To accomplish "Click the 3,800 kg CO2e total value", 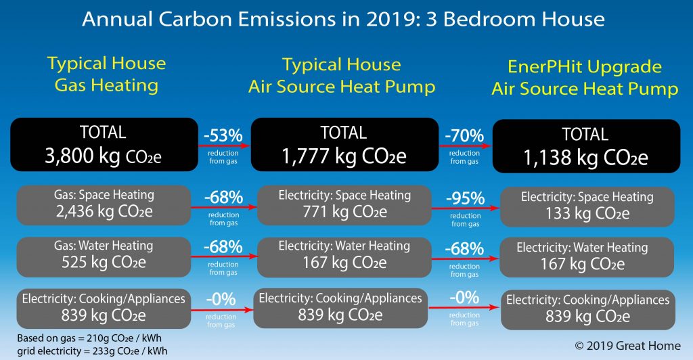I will click(x=104, y=157).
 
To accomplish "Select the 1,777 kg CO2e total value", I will click(x=344, y=157).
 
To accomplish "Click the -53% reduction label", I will click(x=223, y=136).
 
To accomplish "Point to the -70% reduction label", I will click(x=464, y=136).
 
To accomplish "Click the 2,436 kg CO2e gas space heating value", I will click(x=104, y=210).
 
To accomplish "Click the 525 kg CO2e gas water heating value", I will click(x=104, y=261).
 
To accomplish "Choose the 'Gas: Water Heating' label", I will click(x=104, y=246).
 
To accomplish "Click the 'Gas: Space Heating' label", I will click(x=104, y=195).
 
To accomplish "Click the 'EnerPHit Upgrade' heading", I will click(x=585, y=67).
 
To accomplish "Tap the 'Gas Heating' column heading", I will click(x=106, y=85).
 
